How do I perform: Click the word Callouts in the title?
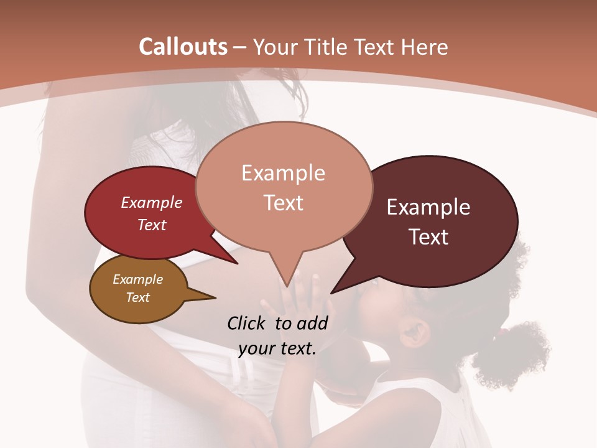[x=183, y=47]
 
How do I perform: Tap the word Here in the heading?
[x=424, y=47]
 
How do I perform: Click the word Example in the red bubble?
[x=152, y=202]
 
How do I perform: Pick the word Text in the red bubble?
[x=152, y=225]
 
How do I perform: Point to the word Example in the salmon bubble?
[x=283, y=173]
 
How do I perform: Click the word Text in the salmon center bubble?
[x=283, y=203]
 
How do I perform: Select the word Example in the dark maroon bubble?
[x=428, y=207]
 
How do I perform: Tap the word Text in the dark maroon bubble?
[x=428, y=237]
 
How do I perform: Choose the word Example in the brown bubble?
[x=137, y=279]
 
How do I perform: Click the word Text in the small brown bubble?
[x=137, y=297]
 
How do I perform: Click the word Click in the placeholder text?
[x=248, y=323]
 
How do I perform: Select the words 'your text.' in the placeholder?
[x=277, y=349]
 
